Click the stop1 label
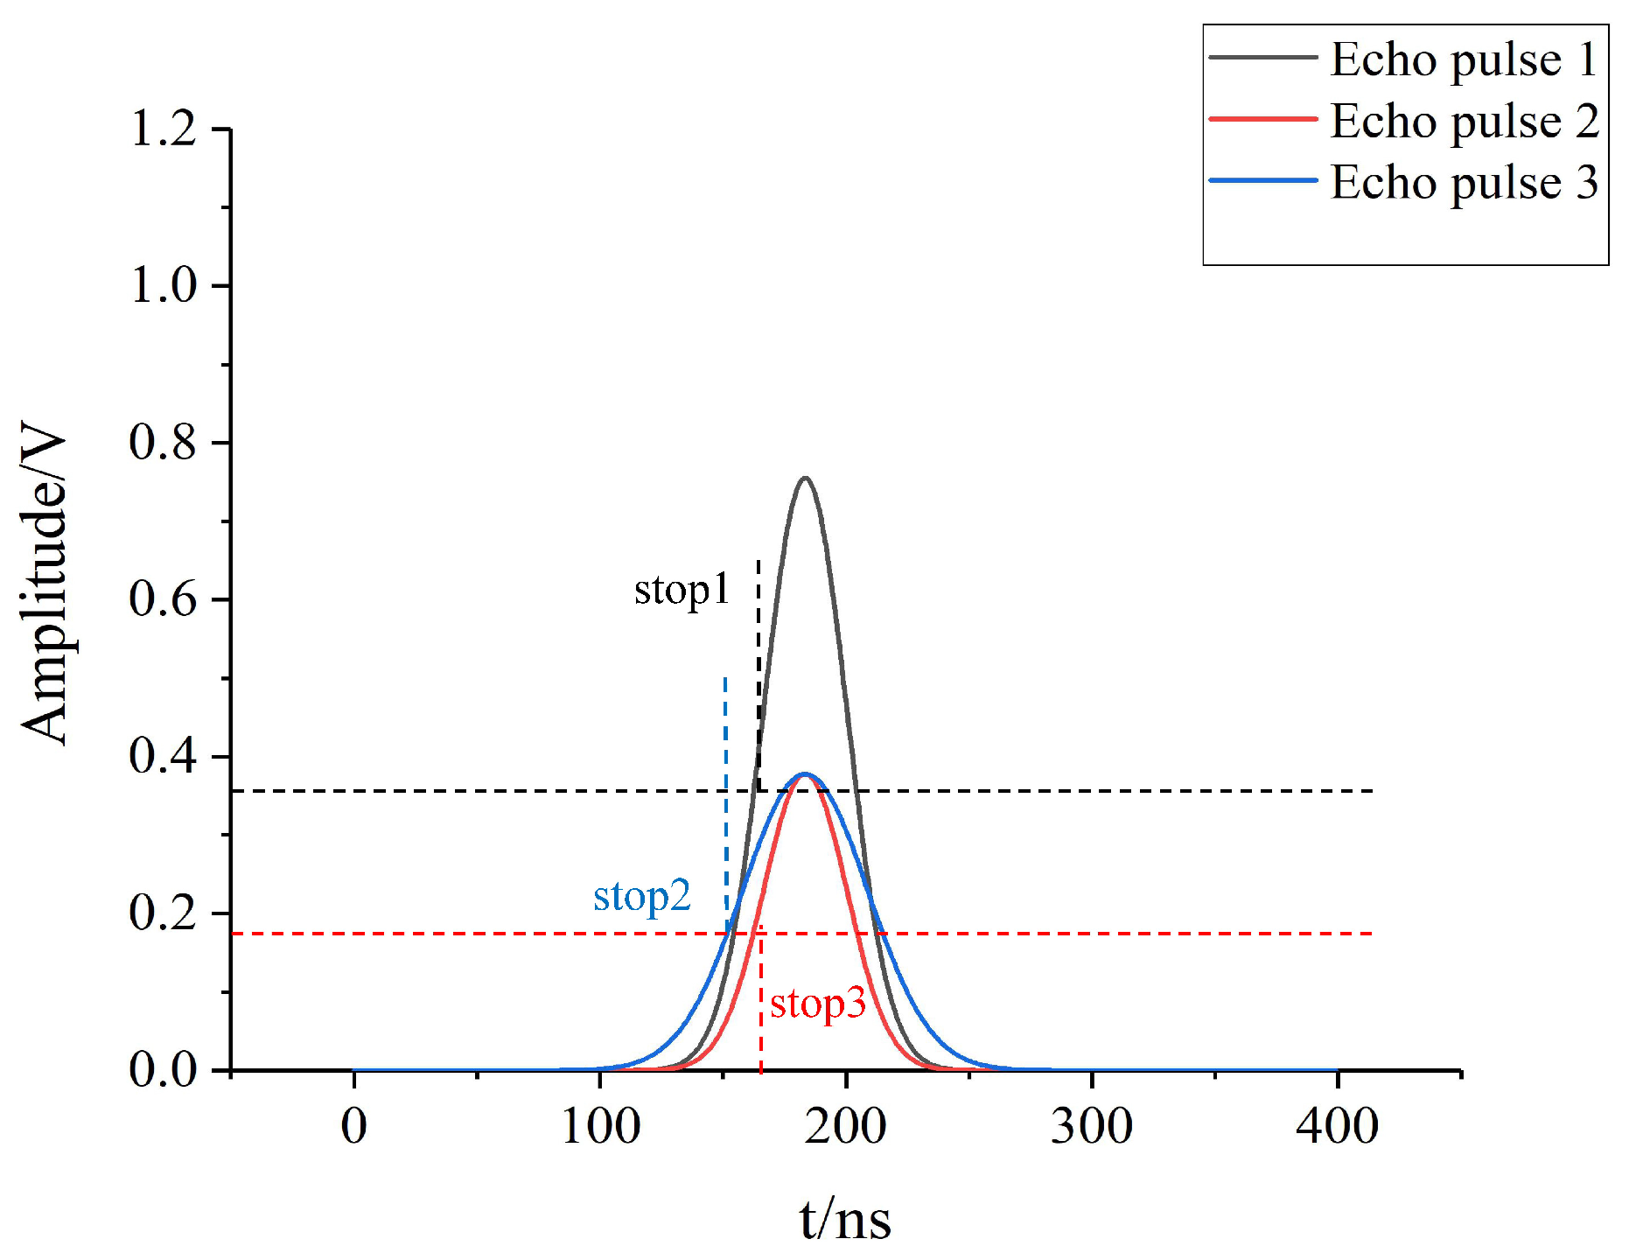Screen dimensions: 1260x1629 tap(682, 591)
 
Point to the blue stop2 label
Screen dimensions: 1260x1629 tap(642, 897)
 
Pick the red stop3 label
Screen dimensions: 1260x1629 tap(817, 1004)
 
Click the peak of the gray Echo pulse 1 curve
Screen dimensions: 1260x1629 tap(805, 479)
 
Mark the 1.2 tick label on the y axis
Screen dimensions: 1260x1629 tap(164, 129)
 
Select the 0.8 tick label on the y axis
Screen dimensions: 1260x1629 tap(164, 442)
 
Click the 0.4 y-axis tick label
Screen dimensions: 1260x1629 tap(164, 756)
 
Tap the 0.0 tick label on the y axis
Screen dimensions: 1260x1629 tap(164, 1069)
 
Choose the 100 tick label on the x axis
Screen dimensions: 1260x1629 tap(600, 1127)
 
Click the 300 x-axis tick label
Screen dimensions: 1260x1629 tap(1092, 1127)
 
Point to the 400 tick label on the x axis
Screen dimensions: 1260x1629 tap(1338, 1127)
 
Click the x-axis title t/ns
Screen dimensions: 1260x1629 tap(845, 1220)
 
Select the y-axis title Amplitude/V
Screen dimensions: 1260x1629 tap(44, 584)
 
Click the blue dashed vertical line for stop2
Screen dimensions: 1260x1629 tap(725, 787)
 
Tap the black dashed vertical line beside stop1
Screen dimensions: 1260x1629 tap(758, 665)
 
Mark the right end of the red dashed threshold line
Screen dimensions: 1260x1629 tap(1369, 934)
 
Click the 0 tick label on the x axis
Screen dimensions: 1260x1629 tap(353, 1127)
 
